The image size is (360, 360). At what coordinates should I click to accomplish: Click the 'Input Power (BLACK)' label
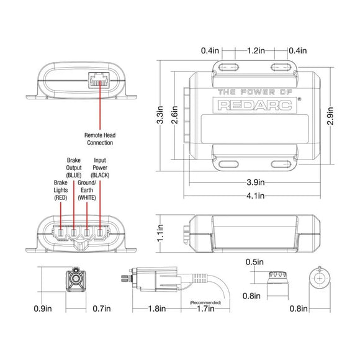point(100,168)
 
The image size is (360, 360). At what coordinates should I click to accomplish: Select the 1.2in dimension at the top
point(255,50)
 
